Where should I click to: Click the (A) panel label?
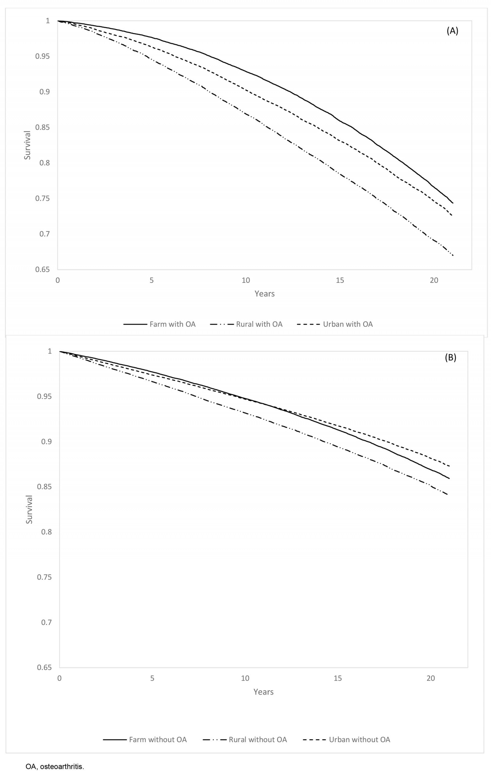pos(452,31)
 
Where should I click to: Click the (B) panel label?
pos(450,358)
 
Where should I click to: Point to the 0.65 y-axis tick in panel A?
pos(43,269)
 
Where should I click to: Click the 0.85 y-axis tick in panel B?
pos(44,487)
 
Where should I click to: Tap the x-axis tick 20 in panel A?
pos(434,280)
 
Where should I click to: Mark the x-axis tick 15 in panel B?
pos(338,678)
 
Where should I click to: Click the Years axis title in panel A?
pos(265,294)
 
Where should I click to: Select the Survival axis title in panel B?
pos(29,509)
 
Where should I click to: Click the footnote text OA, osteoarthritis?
pos(55,766)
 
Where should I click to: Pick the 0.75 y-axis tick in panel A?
pos(43,199)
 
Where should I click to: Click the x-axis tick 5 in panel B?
pos(152,678)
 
